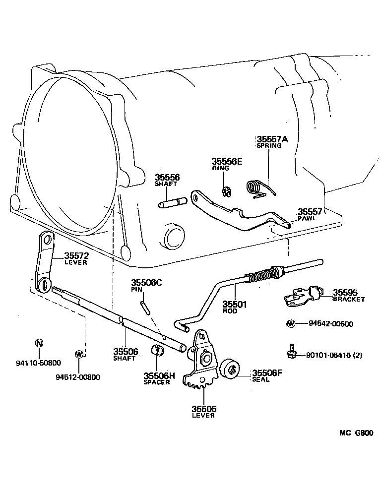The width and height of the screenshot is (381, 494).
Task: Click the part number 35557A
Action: [272, 139]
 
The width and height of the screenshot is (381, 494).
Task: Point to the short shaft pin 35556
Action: [172, 203]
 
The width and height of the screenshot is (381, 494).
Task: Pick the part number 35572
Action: [76, 256]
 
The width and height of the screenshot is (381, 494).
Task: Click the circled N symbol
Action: [39, 343]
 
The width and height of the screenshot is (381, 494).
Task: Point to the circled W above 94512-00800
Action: [78, 354]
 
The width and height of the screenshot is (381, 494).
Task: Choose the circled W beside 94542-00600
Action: [291, 324]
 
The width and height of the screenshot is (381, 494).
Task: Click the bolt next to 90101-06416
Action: [292, 351]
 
